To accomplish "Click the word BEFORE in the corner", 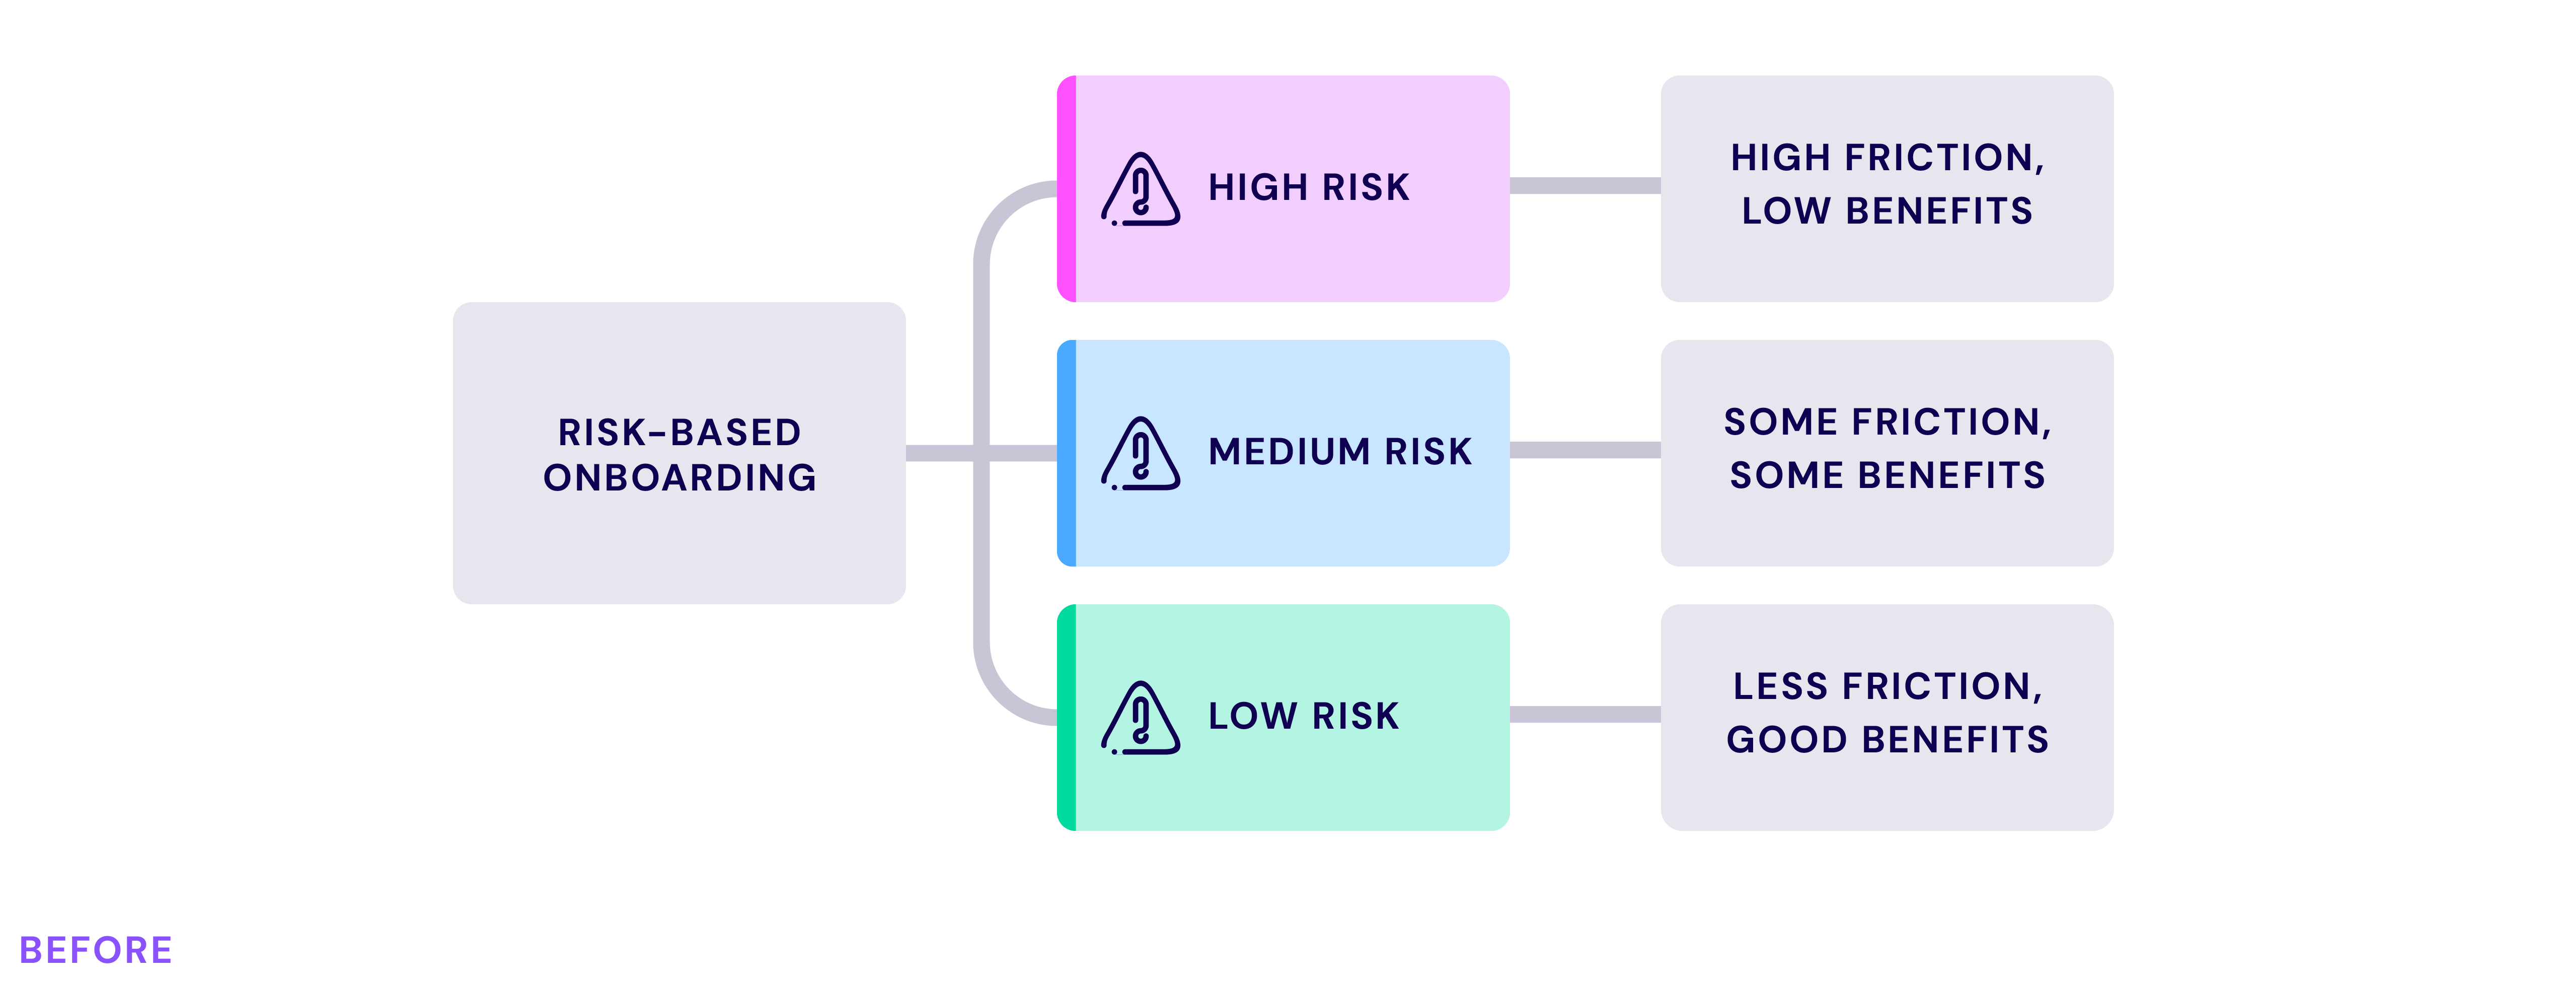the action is pos(96,950).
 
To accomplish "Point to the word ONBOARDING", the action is pos(679,477).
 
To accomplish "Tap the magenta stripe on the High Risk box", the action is pos(1066,188).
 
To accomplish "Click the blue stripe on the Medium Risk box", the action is pos(1066,453).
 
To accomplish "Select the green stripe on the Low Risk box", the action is pos(1066,717).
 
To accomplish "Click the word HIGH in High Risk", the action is pos(1258,187).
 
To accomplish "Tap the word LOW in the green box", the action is pos(1253,716).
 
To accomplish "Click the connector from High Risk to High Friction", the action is pos(1585,185).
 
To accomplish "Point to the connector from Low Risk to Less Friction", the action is pos(1585,714).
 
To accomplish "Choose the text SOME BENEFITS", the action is pos(1887,475).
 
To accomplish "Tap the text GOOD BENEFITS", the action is pos(1887,740).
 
